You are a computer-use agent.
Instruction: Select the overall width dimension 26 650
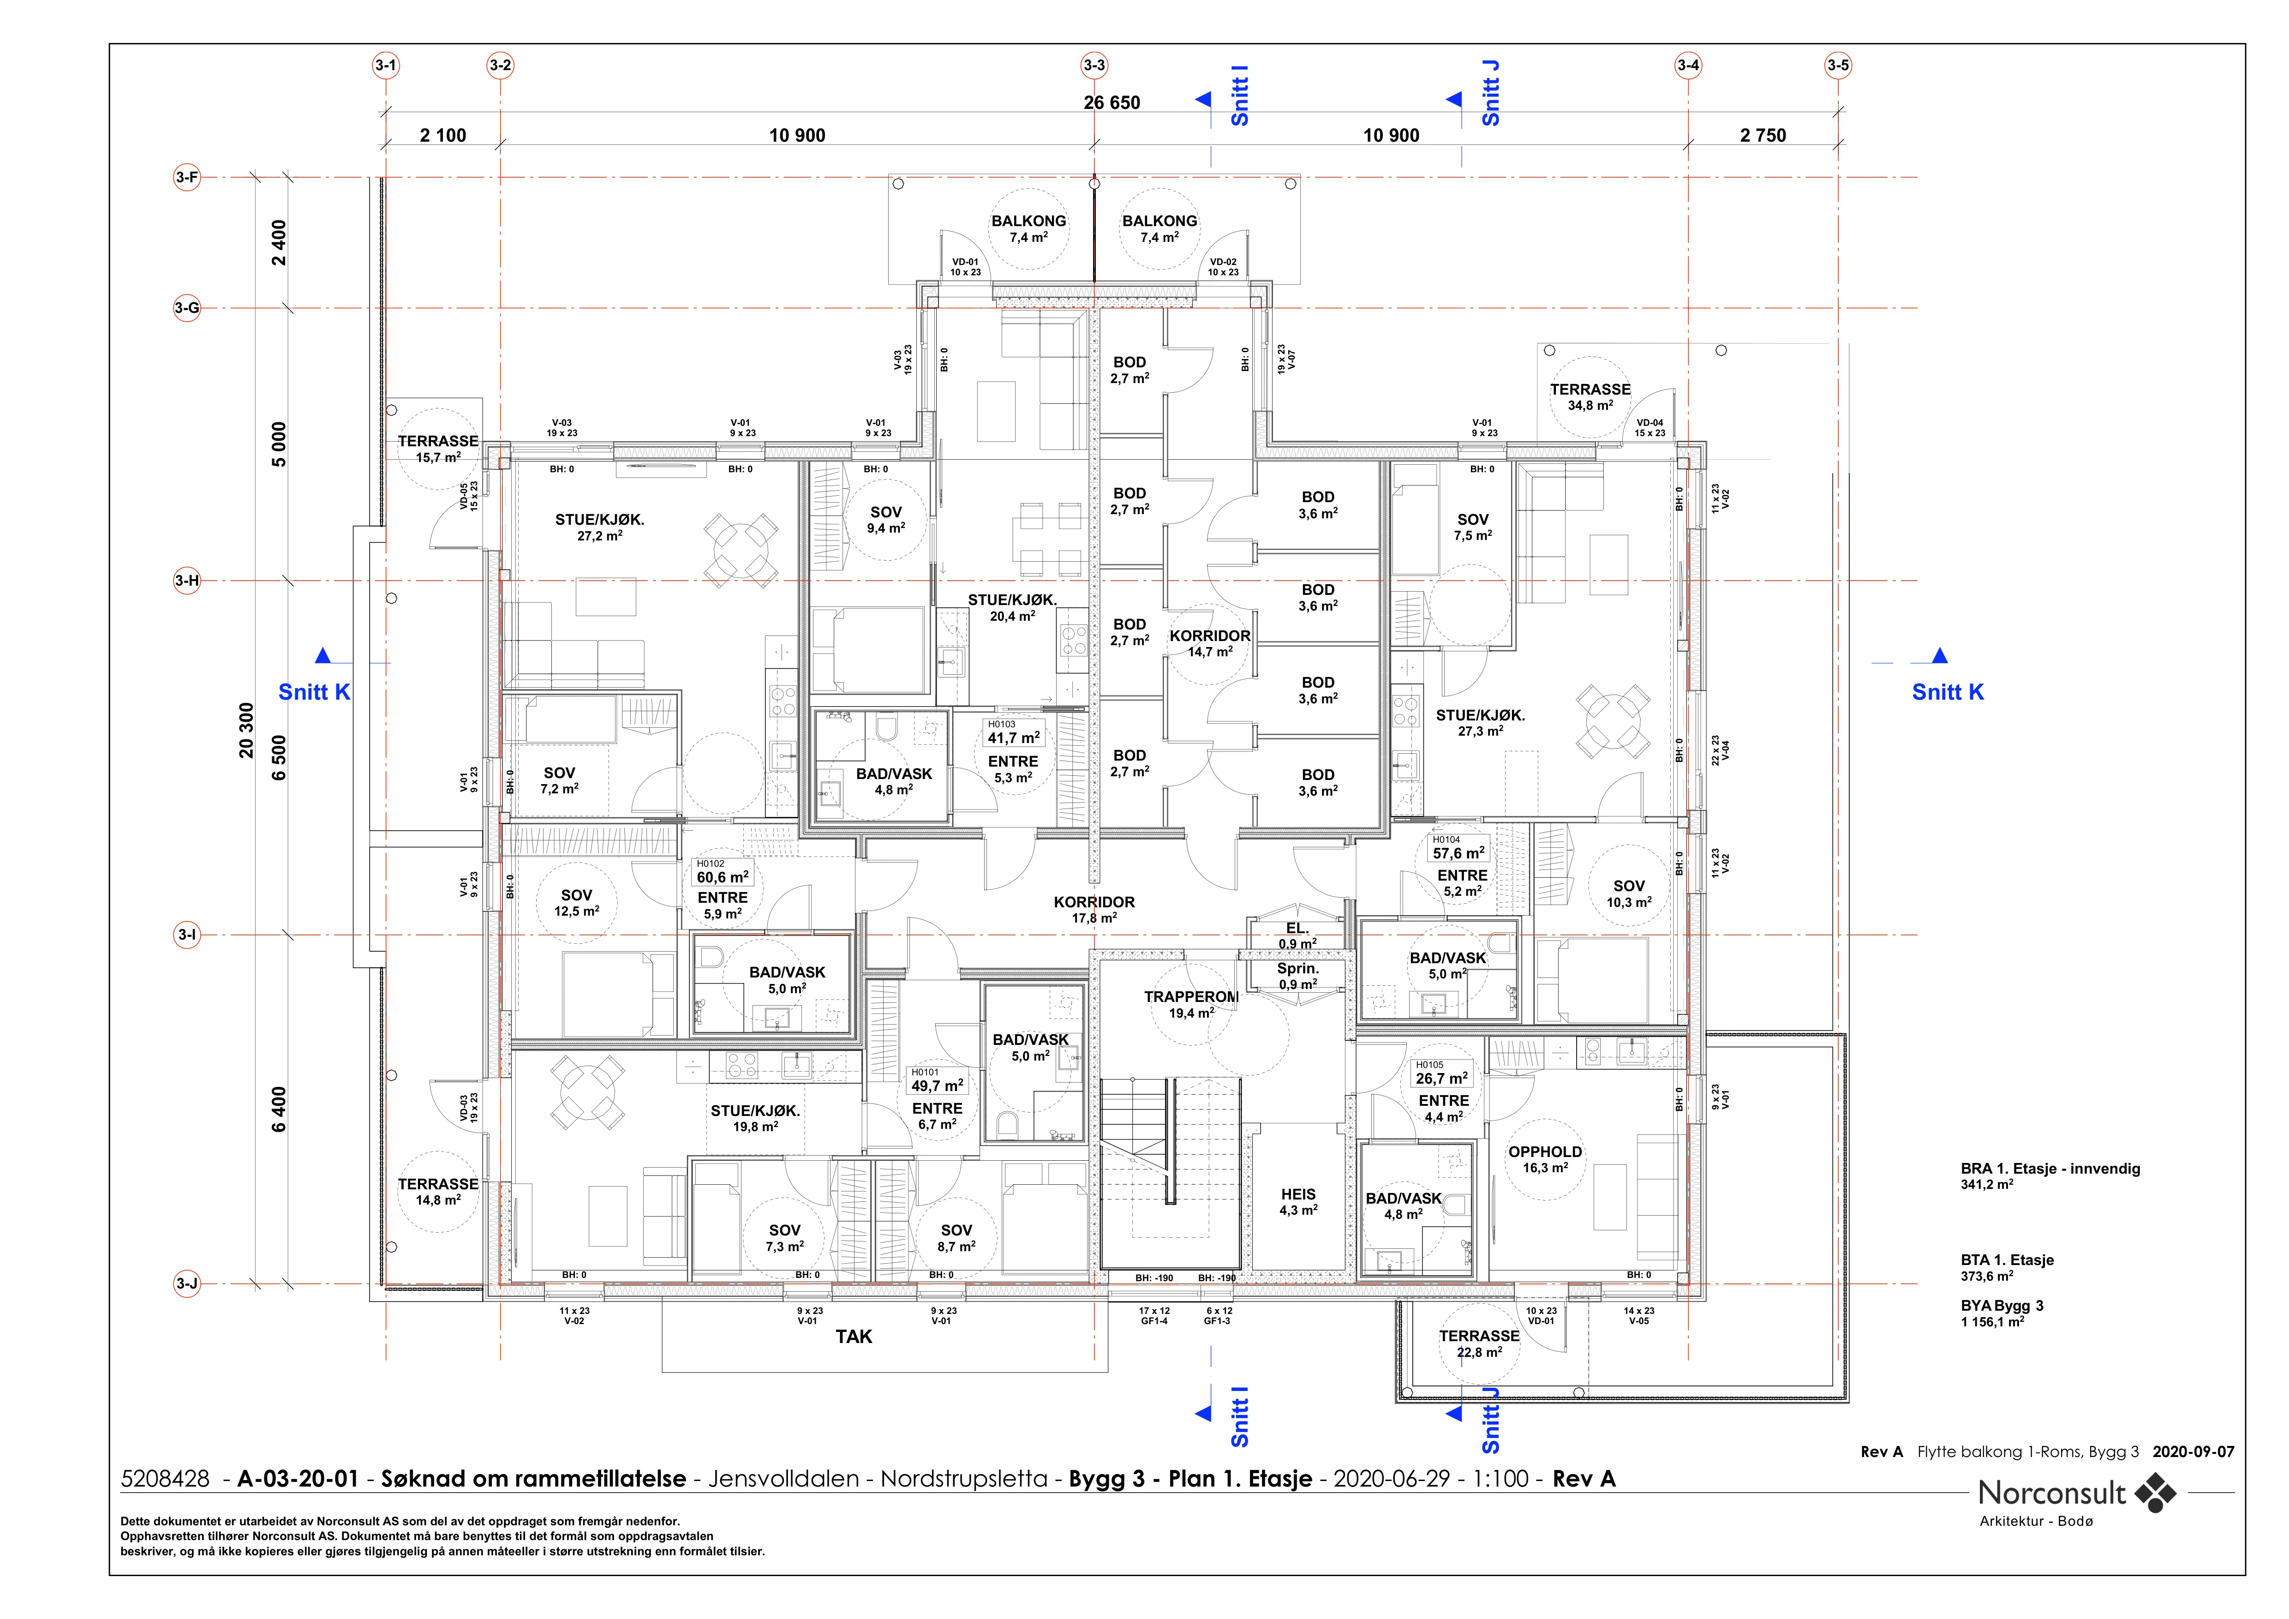[x=1112, y=102]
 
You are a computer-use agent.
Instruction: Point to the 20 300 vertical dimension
[x=246, y=730]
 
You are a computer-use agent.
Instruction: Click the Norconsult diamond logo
[x=2155, y=1493]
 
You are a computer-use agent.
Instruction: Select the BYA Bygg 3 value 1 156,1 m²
[x=1992, y=1322]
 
